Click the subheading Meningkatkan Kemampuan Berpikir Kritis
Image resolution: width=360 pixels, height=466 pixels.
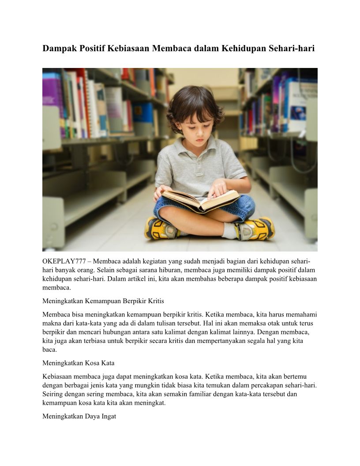tap(103, 301)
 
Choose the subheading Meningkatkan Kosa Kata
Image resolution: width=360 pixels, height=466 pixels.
tap(78, 363)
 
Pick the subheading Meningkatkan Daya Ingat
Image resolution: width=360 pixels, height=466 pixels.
tap(79, 416)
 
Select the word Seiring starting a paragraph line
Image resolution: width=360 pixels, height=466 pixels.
tap(52, 394)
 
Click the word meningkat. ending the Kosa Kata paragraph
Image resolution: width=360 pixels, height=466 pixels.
tap(152, 402)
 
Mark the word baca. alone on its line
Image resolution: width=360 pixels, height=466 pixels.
tap(49, 349)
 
